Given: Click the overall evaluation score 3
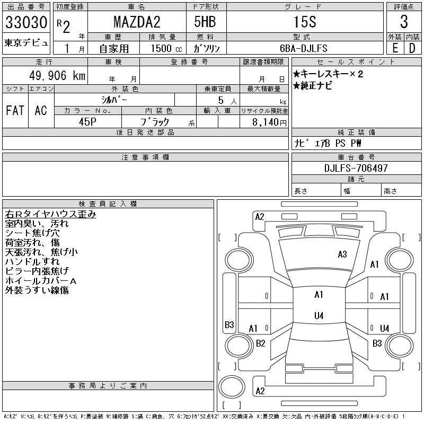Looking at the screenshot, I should (x=404, y=23).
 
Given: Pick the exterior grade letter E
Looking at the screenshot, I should (x=395, y=48).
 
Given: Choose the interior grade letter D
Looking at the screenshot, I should (x=412, y=48).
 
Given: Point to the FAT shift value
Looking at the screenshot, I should (x=15, y=110).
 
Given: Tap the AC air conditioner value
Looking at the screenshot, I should (x=41, y=110).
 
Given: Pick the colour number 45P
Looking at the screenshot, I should (x=88, y=122).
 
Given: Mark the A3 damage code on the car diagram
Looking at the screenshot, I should (x=342, y=254).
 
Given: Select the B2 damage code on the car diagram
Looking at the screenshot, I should (x=260, y=343).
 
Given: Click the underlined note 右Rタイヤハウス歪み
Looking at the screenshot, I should (x=50, y=215).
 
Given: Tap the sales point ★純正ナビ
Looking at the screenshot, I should (x=312, y=86).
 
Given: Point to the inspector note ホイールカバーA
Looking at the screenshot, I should (x=41, y=281).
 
